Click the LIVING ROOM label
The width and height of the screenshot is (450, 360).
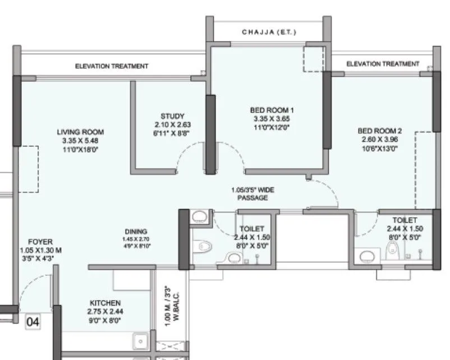pos(80,132)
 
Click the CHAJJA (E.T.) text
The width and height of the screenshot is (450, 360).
pos(269,32)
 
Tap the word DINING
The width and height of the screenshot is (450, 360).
pos(136,231)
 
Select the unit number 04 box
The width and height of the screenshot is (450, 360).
pos(34,322)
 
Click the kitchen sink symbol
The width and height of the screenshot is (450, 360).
pos(139,340)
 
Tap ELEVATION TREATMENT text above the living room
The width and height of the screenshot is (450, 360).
pos(112,66)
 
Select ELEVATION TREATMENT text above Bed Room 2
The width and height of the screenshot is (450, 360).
pos(383,64)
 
